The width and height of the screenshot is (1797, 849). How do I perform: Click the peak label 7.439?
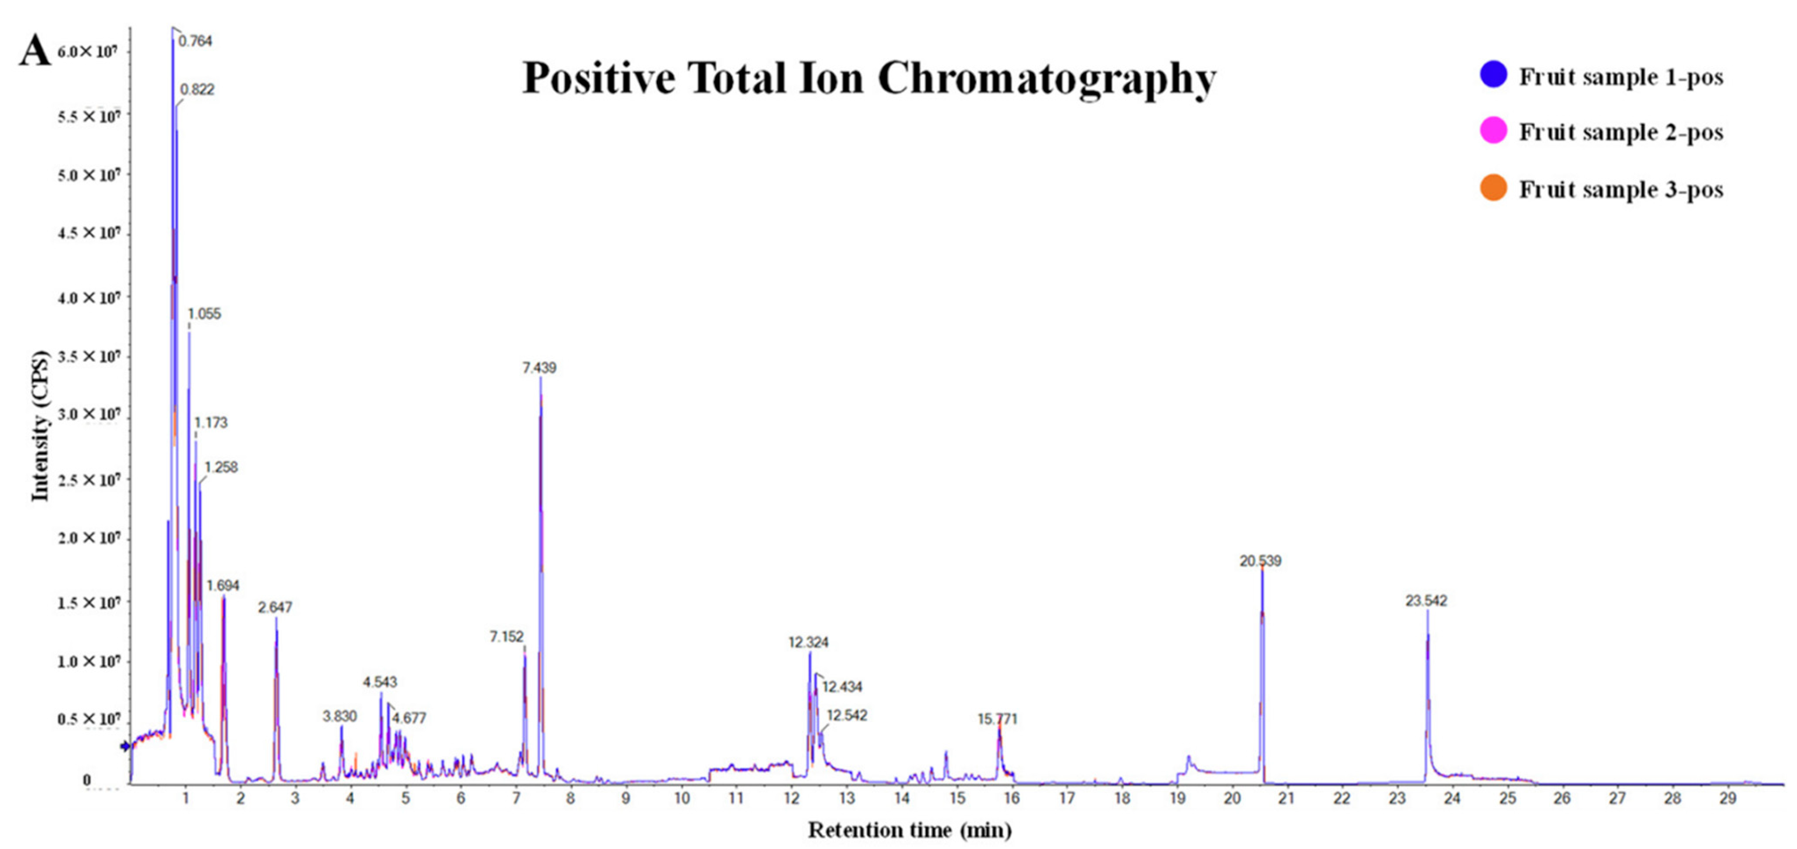click(539, 368)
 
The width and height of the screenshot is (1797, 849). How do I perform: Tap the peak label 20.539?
click(1260, 561)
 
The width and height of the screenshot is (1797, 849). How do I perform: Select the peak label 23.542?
click(1426, 601)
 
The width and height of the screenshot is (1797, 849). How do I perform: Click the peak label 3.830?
click(340, 716)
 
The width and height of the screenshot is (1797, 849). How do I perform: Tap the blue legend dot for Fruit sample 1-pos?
click(1493, 74)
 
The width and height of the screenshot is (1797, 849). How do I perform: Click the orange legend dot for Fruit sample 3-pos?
click(1493, 188)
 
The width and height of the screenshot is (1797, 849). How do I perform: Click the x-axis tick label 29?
click(1727, 798)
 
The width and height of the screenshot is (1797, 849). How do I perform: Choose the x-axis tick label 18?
click(1122, 798)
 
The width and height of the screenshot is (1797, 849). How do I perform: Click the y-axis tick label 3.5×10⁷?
click(88, 357)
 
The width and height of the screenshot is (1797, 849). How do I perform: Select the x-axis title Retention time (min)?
click(910, 830)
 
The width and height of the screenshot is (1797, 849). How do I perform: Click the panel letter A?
click(35, 51)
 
